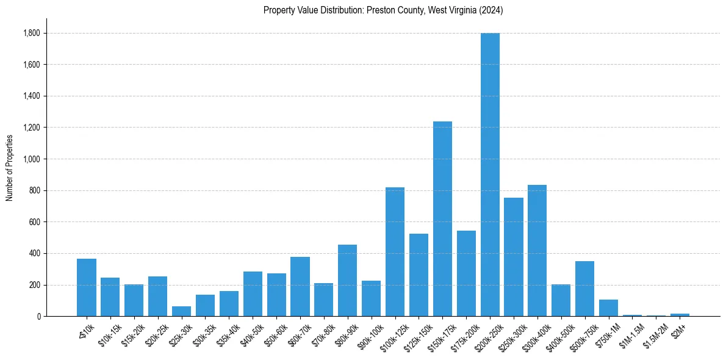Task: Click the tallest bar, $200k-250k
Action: [x=490, y=175]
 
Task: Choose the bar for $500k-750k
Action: [x=584, y=289]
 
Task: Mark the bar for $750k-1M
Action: [x=608, y=308]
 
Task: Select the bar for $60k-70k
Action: [x=300, y=286]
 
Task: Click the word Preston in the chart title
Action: [x=379, y=10]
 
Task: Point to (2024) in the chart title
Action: [x=492, y=10]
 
